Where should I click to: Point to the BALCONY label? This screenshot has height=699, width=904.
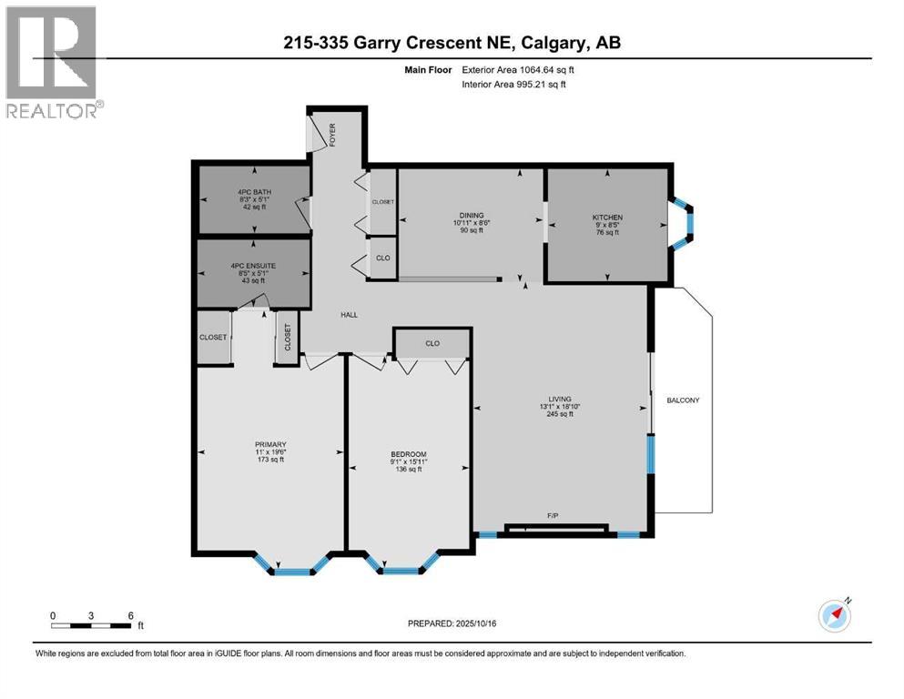click(683, 400)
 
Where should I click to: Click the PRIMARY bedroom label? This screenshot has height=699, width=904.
click(270, 444)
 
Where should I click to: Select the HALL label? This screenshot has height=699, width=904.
click(349, 315)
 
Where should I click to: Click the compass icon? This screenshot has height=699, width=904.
click(834, 615)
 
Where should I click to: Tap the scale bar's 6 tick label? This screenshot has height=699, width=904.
click(131, 615)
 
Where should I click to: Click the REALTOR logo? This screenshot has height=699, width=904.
click(53, 62)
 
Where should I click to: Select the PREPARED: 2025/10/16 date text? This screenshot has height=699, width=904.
click(452, 623)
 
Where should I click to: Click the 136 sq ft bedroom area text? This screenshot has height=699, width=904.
click(408, 470)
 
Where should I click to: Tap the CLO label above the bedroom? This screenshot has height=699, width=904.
click(432, 344)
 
